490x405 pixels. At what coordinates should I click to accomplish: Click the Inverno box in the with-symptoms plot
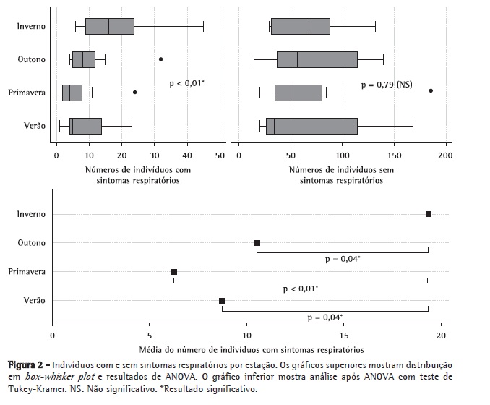[110, 26]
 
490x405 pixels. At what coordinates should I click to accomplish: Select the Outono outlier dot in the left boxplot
[160, 59]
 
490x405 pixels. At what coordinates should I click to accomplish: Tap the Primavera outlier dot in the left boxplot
[134, 92]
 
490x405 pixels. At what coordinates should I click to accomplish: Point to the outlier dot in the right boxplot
[431, 90]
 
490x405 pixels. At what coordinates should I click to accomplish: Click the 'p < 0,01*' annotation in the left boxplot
[186, 84]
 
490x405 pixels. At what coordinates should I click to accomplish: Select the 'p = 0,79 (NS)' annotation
[386, 85]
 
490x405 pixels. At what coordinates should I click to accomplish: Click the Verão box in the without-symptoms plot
[311, 126]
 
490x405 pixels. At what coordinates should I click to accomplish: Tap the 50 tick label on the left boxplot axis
[220, 154]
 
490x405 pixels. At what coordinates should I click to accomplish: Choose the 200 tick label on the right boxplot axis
[445, 154]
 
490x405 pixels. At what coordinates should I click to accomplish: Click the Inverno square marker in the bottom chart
[429, 214]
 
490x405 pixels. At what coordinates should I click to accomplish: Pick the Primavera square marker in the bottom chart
[174, 272]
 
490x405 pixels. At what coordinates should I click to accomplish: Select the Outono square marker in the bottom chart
[257, 243]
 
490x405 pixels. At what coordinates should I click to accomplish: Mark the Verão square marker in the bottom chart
[222, 301]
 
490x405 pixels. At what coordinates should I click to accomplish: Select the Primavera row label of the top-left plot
[27, 93]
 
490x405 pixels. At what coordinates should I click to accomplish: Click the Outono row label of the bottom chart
[32, 243]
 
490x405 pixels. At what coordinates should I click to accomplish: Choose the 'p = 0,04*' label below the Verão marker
[325, 317]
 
